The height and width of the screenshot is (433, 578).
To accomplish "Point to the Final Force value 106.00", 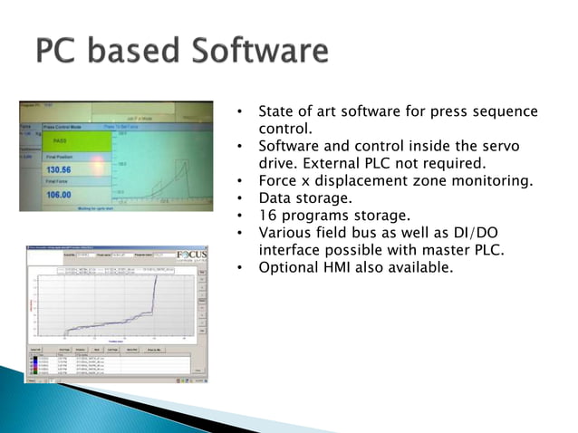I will (x=58, y=195).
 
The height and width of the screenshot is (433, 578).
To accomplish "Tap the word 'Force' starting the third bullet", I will (x=277, y=180).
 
